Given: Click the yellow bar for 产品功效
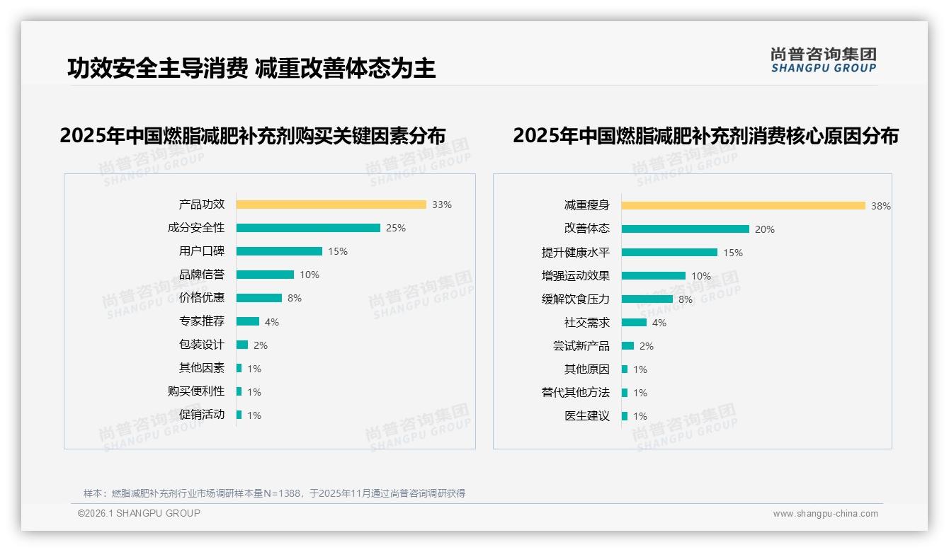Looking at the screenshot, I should [x=331, y=205].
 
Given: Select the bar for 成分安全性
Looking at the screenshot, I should [x=308, y=228].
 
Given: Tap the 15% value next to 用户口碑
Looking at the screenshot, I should [x=338, y=251].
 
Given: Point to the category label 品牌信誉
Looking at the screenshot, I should [x=201, y=275].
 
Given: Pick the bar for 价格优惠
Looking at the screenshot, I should [x=258, y=298].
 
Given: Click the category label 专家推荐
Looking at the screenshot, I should [x=201, y=321].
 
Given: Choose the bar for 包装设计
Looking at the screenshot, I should [x=242, y=345].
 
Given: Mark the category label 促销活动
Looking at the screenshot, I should [x=201, y=415].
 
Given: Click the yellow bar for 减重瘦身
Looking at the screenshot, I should [x=743, y=206].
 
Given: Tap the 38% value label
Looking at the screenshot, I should [x=881, y=206].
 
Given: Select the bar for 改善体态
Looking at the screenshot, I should [x=685, y=229].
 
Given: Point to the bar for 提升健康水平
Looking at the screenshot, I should [x=669, y=253].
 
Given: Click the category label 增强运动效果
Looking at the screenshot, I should [x=575, y=276].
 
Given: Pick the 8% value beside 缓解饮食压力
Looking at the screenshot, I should [x=686, y=299].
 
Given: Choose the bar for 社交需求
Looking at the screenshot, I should [x=634, y=323].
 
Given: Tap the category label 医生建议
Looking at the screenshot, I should [x=586, y=416].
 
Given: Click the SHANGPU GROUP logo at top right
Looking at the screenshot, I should [x=823, y=59].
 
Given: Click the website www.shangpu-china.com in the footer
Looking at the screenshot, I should [x=825, y=514].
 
